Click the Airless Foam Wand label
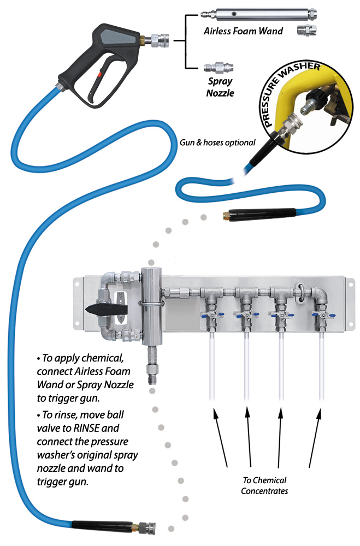point(243,31)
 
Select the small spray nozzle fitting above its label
point(217,69)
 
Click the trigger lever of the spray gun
point(109,90)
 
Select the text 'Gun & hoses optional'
point(217,143)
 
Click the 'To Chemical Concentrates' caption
point(265,485)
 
